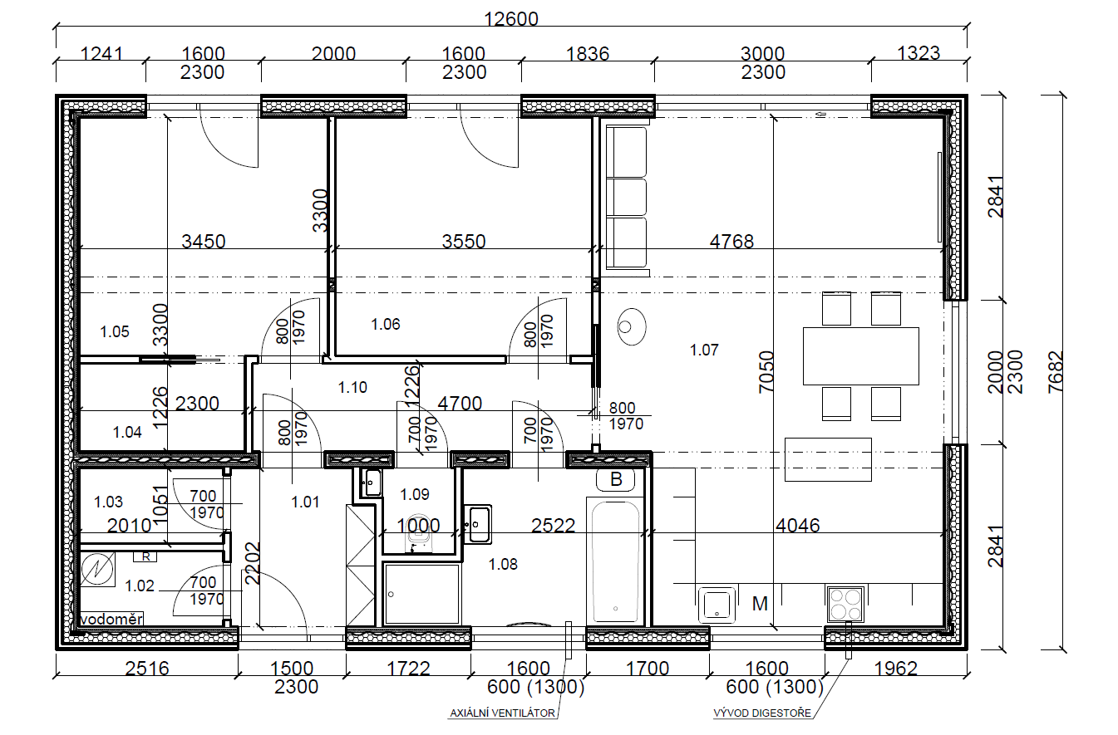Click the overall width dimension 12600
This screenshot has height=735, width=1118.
[x=511, y=19]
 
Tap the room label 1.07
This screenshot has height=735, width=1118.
[x=704, y=350]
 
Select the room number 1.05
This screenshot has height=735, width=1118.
[x=115, y=331]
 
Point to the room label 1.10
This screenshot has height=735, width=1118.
[x=352, y=388]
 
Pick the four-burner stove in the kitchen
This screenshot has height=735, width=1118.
[x=845, y=605]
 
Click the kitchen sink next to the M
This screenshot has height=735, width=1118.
[x=717, y=605]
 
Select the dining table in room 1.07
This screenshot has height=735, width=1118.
[x=861, y=356]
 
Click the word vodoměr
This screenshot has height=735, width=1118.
[x=111, y=620]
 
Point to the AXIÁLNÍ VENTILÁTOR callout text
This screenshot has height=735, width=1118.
[x=502, y=713]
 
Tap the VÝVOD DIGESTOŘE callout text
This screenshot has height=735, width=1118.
[x=762, y=713]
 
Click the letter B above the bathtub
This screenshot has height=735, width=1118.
[x=616, y=479]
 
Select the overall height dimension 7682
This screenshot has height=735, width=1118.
[x=1056, y=373]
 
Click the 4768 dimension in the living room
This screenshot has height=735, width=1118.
[x=731, y=242]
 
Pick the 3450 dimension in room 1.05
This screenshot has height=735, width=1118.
[x=203, y=242]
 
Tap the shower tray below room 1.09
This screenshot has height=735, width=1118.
[x=421, y=594]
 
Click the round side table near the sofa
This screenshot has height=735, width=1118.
[x=632, y=326]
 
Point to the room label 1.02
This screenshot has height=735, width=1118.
[x=140, y=586]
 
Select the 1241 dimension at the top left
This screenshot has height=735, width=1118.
[x=101, y=53]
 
